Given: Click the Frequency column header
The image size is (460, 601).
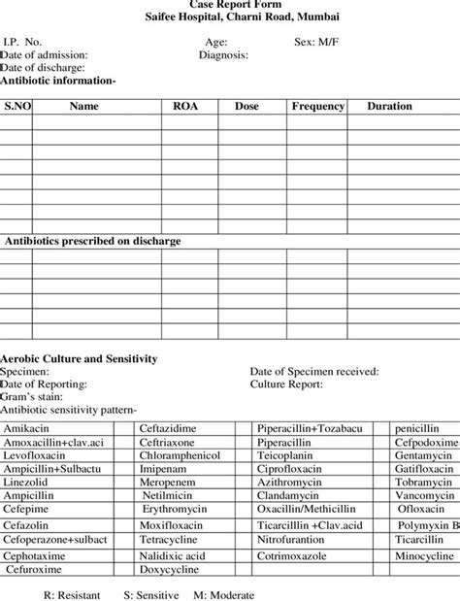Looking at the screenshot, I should (318, 106).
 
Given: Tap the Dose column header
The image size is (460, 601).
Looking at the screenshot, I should (246, 106).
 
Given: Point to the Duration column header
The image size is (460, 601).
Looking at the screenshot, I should (389, 106).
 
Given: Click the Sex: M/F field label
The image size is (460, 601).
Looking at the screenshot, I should (317, 43).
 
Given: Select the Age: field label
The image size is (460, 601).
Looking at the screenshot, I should (216, 43).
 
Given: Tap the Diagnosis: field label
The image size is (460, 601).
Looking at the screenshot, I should (223, 55).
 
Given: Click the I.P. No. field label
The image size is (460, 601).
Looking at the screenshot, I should (22, 43).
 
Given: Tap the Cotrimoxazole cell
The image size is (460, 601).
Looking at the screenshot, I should (293, 555).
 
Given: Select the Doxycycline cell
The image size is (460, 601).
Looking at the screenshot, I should (171, 570).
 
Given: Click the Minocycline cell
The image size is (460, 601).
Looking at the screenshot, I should (424, 555).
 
